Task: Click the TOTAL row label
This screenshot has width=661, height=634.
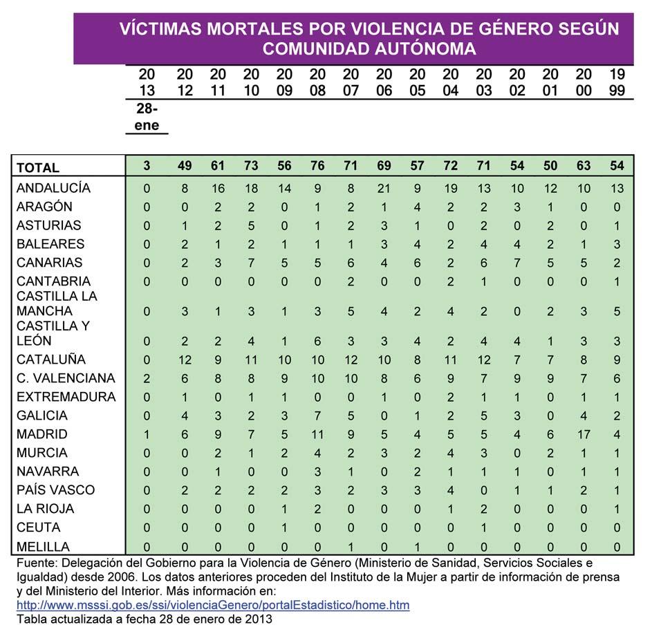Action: point(38,167)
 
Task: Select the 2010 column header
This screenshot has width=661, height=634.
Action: point(251,82)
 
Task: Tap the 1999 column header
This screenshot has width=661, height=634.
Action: point(617,82)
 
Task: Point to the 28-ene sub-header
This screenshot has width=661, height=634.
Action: point(147,117)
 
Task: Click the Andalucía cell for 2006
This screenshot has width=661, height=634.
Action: point(384,188)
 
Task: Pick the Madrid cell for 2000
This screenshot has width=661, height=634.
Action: point(584,434)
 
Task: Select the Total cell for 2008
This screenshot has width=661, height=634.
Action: point(317,167)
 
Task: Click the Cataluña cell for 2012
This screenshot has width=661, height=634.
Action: point(185,360)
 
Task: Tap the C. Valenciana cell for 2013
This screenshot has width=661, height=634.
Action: point(146,378)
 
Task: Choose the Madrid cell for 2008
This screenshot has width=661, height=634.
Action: point(317,434)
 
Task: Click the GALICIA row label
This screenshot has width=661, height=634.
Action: point(42,416)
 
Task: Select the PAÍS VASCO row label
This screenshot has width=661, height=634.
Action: point(55,490)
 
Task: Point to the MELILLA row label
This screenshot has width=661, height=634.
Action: point(43,546)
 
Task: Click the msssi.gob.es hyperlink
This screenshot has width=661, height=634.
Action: point(213,605)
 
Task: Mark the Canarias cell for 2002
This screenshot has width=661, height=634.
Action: point(517,263)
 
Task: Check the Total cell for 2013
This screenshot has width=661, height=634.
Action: point(146,167)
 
